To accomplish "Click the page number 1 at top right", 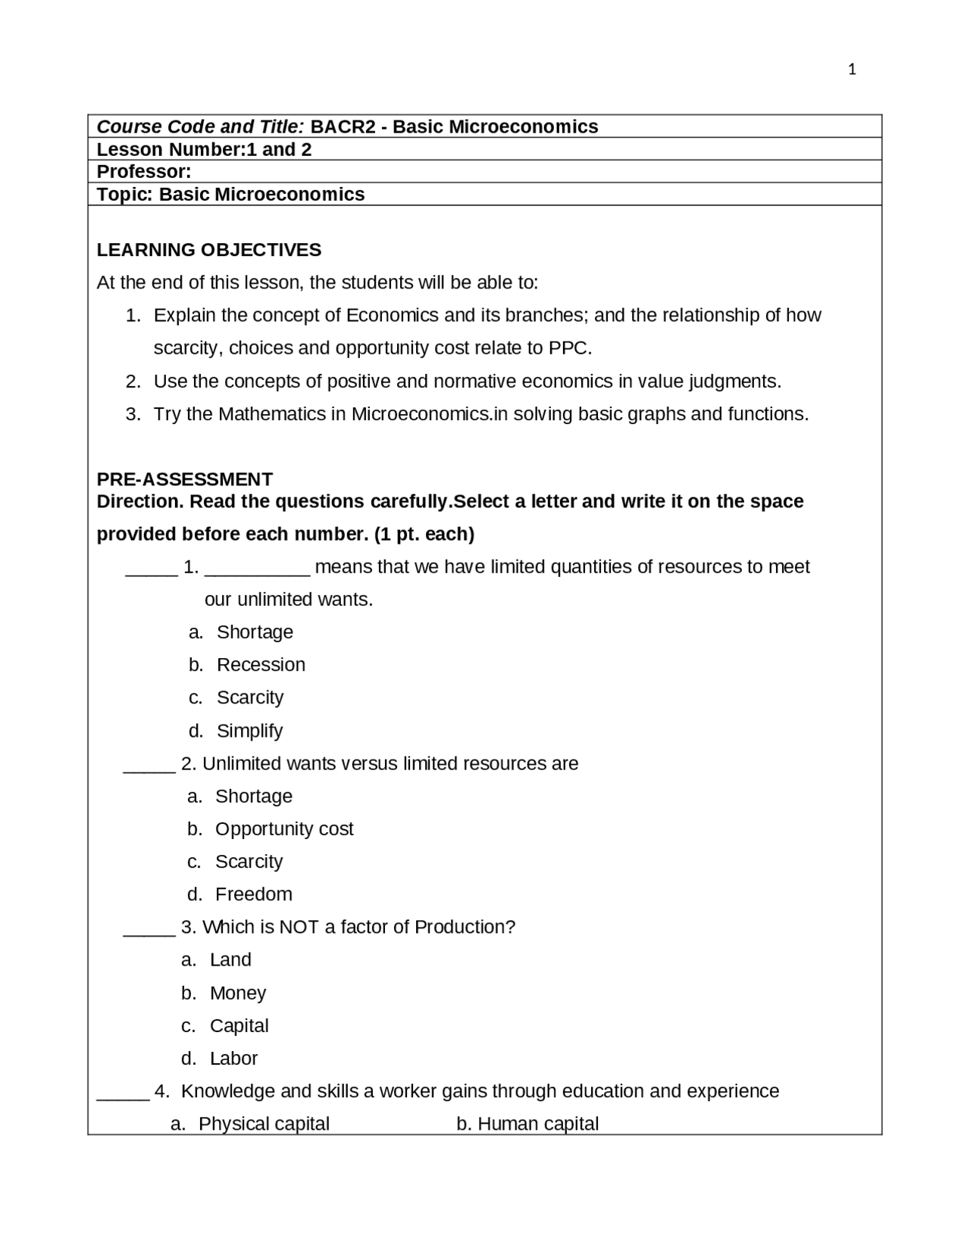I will (852, 70).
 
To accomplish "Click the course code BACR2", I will (343, 126).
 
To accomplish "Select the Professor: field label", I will (144, 172).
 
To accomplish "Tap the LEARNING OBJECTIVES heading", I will (209, 250).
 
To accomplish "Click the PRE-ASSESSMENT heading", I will (185, 479).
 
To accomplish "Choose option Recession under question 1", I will (261, 665).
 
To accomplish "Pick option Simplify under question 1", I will (249, 731).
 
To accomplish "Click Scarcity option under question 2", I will (249, 862).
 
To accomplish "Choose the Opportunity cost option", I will (284, 829).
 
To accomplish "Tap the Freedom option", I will (253, 894).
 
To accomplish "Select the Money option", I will (237, 993).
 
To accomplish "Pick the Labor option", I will (233, 1059).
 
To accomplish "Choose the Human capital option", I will (537, 1124).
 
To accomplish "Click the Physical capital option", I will (263, 1124).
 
